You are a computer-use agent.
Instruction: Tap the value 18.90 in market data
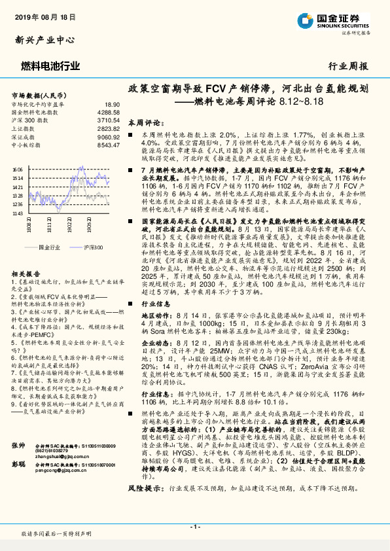point(112,104)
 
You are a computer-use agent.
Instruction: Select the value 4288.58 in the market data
point(109,113)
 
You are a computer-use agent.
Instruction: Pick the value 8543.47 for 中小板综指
point(109,145)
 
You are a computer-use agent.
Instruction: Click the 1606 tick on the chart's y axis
point(18,169)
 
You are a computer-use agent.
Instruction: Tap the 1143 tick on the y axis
point(18,213)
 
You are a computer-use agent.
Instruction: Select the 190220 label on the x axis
point(69,226)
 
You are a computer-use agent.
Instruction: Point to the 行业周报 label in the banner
point(347,66)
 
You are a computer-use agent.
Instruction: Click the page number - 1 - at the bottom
point(195,527)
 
